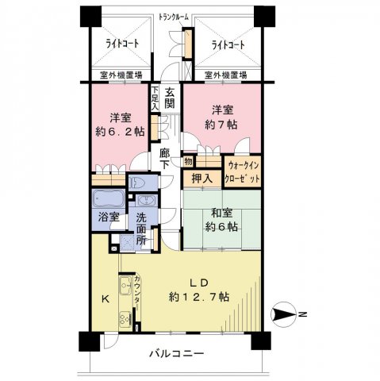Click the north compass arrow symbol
coord(283,314)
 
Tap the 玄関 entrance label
coord(170,98)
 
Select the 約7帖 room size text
coord(221,125)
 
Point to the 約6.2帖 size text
coord(120,131)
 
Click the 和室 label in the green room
coord(222,214)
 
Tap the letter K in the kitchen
coord(106,299)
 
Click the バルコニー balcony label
coord(177,353)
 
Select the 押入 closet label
coord(202,179)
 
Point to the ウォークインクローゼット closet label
coord(242,172)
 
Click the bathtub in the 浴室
coord(109,199)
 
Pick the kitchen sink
coord(125,285)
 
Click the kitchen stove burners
coord(125,319)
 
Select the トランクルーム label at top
coord(174,17)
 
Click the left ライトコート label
coord(122,44)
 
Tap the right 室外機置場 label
coord(226,75)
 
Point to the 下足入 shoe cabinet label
coord(155,98)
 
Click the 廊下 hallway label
coord(165,159)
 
